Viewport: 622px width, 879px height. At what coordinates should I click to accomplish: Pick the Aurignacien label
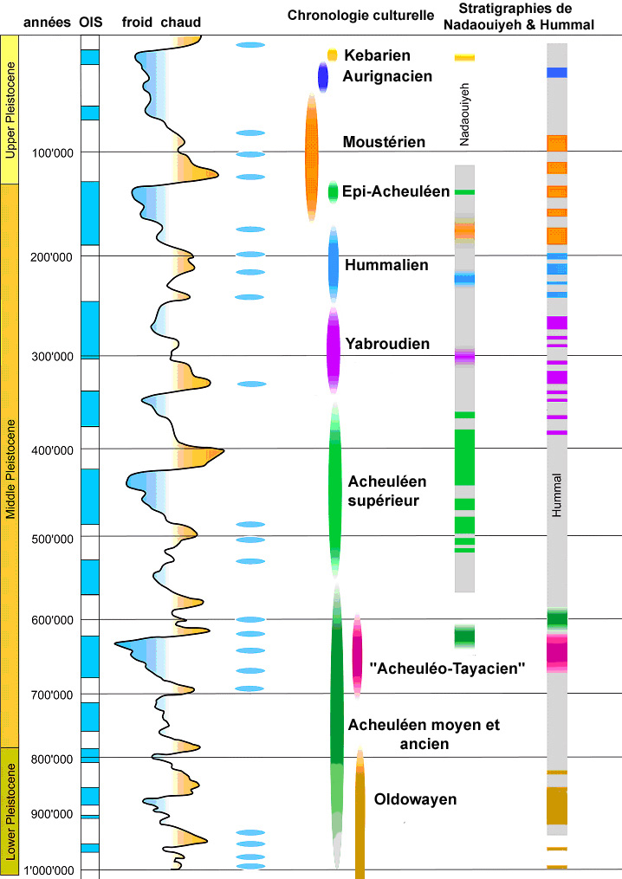tap(387, 76)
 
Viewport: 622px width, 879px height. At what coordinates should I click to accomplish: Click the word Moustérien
tap(384, 142)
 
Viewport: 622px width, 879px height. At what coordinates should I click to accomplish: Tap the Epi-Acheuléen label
tap(396, 191)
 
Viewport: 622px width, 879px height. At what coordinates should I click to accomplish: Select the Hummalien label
tap(387, 265)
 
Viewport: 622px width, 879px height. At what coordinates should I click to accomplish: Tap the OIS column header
tap(90, 21)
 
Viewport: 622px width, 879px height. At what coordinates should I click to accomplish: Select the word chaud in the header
tap(181, 21)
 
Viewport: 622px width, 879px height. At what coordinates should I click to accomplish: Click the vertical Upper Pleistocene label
tap(10, 110)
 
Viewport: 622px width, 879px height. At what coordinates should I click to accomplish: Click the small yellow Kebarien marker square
tap(332, 55)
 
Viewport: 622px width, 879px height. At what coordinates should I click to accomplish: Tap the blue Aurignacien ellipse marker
tap(323, 78)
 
